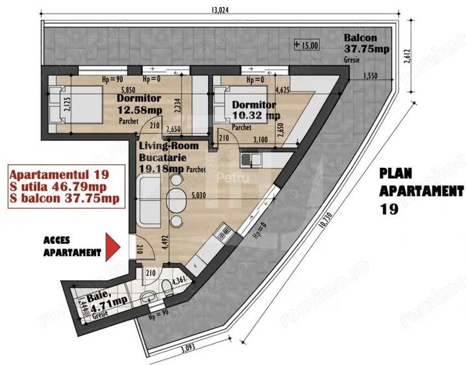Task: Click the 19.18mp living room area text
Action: (x=160, y=169)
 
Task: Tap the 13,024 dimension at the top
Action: (x=222, y=9)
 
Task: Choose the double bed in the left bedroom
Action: (x=75, y=106)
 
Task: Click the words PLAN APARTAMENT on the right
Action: (x=421, y=183)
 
